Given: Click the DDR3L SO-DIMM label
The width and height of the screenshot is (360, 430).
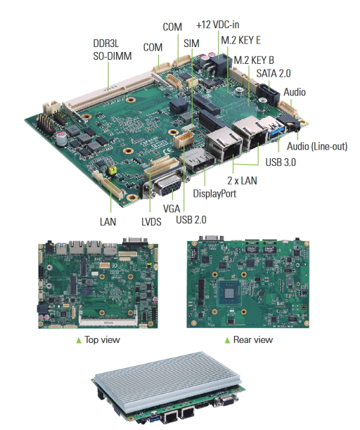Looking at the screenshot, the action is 112,50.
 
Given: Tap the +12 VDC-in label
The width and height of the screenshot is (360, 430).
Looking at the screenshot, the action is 217,25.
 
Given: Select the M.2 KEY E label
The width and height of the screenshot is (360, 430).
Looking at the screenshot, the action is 240,40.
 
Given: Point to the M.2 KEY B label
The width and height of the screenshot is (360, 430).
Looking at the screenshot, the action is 254,60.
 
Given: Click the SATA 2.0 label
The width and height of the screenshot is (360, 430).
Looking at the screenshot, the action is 274,73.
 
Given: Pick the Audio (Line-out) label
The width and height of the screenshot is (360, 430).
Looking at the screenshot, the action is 317,146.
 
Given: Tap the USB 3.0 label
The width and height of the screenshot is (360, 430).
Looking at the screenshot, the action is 281,162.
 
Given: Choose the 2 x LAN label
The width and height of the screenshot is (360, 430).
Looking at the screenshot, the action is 242,181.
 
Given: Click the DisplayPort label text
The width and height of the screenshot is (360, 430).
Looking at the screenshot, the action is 214,194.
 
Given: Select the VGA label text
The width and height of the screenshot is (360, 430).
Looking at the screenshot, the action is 172,209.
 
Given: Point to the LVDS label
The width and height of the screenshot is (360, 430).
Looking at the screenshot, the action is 151,221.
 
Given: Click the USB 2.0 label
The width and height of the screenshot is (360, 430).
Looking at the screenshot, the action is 191,220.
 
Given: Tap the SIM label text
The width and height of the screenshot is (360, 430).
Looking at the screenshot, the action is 191,44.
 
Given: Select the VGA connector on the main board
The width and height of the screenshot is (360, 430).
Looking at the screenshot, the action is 165,184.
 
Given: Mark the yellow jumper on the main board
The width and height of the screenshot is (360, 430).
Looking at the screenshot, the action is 112,170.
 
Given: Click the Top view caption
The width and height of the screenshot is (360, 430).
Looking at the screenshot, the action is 102,339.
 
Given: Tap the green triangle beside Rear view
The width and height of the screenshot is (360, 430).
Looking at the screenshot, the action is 227,340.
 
